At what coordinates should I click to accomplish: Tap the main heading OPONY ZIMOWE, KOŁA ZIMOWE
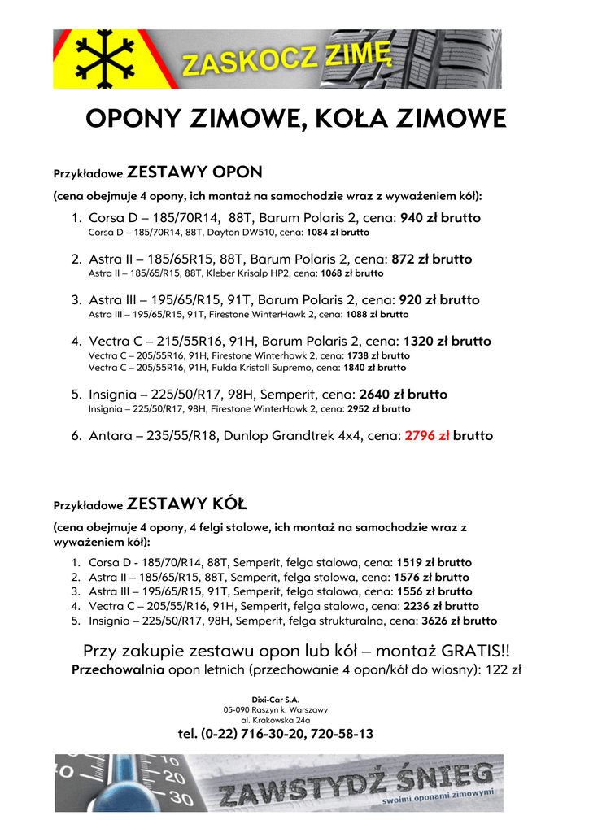point(295,120)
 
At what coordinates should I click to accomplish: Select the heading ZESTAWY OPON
point(195,172)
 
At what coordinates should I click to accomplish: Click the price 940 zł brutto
point(440,218)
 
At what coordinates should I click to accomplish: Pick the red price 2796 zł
point(427,435)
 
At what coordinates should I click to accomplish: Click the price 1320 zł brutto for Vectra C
point(447,341)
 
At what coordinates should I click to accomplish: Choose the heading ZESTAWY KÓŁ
point(188,503)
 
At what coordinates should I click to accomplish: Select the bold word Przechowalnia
point(119,669)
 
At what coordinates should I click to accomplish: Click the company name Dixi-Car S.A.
point(276,699)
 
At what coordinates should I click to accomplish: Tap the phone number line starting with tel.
point(276,734)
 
